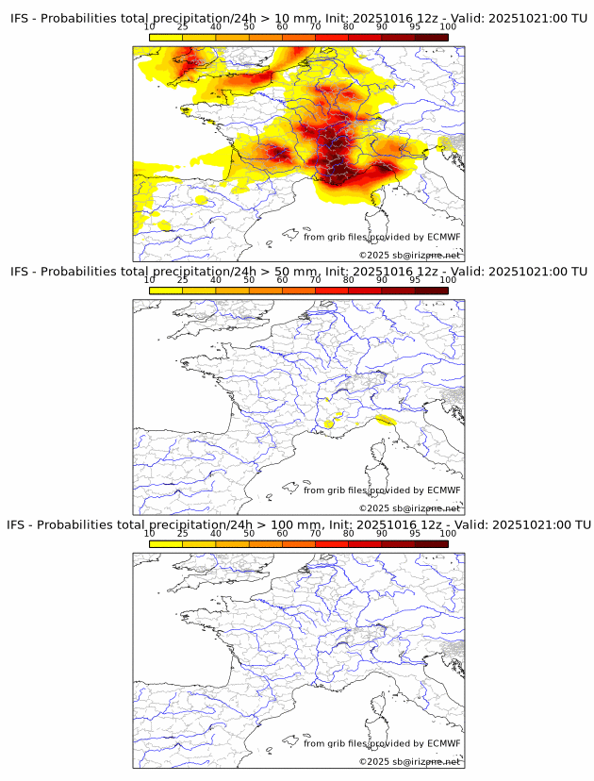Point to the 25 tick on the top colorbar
183,27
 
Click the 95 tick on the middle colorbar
415,280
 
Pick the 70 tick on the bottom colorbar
316,533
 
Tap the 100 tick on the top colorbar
447,27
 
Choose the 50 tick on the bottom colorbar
249,533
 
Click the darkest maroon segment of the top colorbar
431,37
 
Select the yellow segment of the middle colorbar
166,290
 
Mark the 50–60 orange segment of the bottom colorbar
266,542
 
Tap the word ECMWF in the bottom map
443,743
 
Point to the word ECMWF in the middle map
443,490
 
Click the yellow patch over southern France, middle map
328,424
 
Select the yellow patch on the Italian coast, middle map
384,420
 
